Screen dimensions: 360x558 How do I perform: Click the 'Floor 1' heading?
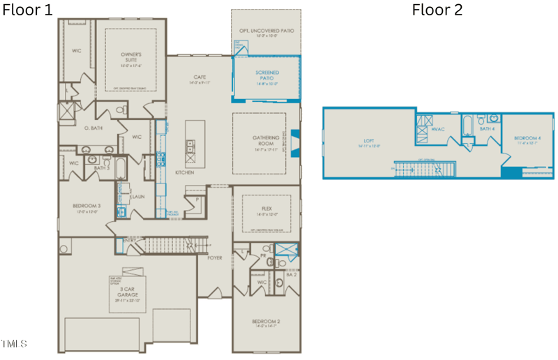[27, 10]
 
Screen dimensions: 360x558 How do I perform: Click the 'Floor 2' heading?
[437, 10]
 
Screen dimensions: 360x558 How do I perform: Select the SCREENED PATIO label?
[266, 74]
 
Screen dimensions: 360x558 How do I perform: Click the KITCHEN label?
[184, 172]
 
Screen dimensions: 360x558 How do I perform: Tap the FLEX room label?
[266, 207]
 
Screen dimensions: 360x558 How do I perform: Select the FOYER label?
[215, 257]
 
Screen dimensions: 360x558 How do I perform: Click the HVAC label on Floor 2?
[438, 129]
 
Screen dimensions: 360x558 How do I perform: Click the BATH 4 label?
[487, 129]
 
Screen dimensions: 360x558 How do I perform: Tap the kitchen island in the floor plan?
[190, 145]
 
